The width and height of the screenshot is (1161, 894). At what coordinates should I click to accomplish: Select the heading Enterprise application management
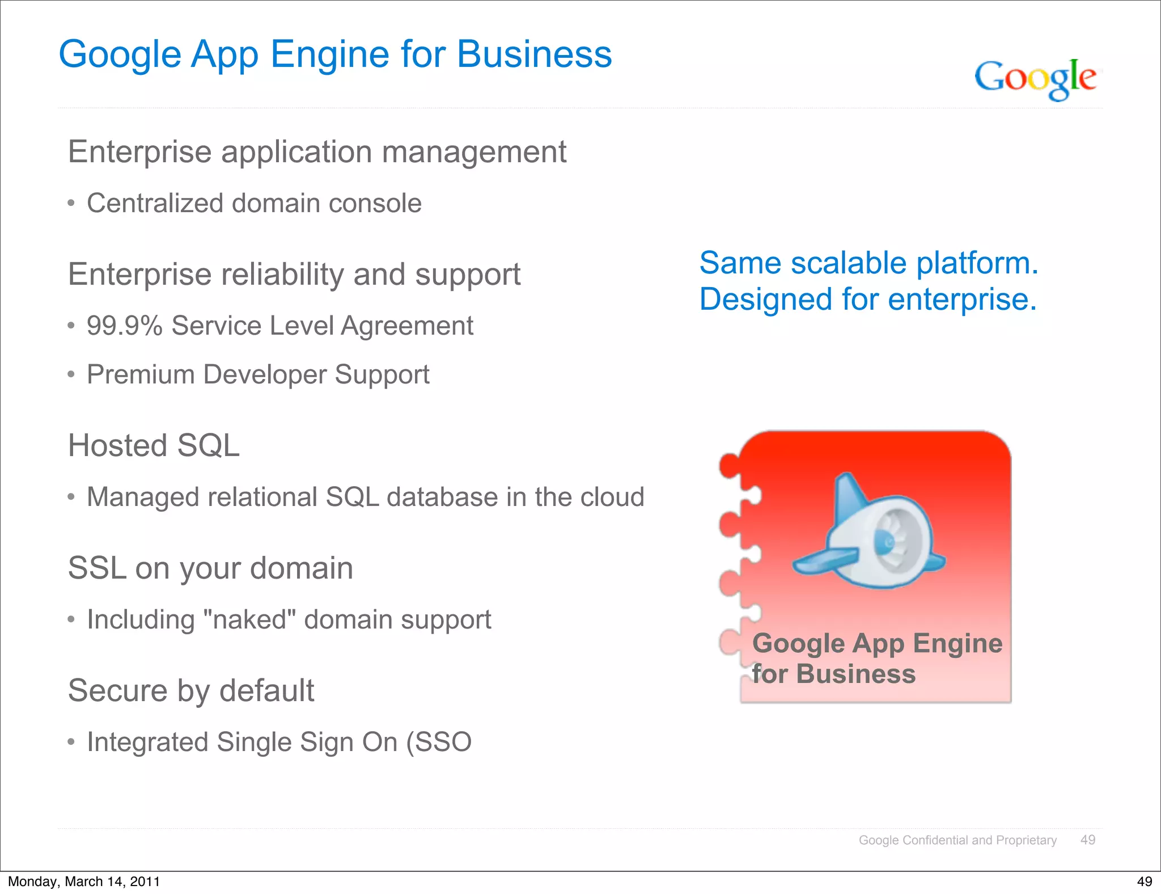317,152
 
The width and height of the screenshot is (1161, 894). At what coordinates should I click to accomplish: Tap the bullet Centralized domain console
254,203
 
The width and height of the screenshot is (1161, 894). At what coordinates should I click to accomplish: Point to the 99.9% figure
125,326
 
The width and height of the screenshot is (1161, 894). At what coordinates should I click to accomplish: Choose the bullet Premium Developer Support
258,375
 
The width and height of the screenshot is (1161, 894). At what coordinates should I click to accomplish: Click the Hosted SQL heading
154,445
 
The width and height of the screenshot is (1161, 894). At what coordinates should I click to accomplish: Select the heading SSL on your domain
210,568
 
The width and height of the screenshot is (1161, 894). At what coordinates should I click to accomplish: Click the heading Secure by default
191,690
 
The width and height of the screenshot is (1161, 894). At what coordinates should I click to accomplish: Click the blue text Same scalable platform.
868,263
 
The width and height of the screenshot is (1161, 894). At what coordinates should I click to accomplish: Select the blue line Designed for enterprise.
868,300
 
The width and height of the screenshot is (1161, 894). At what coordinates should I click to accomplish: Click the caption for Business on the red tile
833,674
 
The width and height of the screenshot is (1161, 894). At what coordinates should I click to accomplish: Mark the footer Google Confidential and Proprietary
957,840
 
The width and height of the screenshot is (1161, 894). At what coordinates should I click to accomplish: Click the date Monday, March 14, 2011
84,882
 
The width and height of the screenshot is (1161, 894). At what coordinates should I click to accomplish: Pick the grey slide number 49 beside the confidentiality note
1088,840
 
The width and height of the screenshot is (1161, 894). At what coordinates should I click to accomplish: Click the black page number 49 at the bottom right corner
1145,882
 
